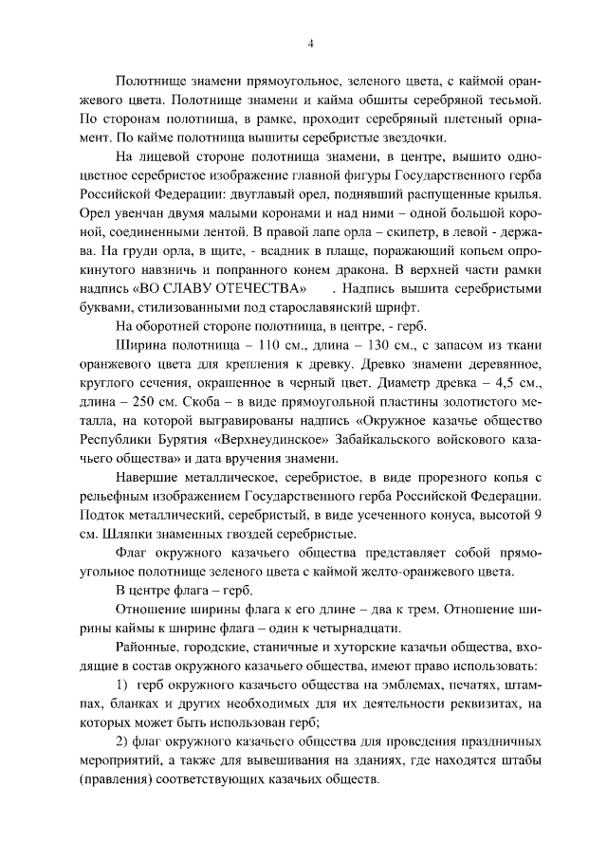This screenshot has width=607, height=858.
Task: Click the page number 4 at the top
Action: click(x=310, y=43)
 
